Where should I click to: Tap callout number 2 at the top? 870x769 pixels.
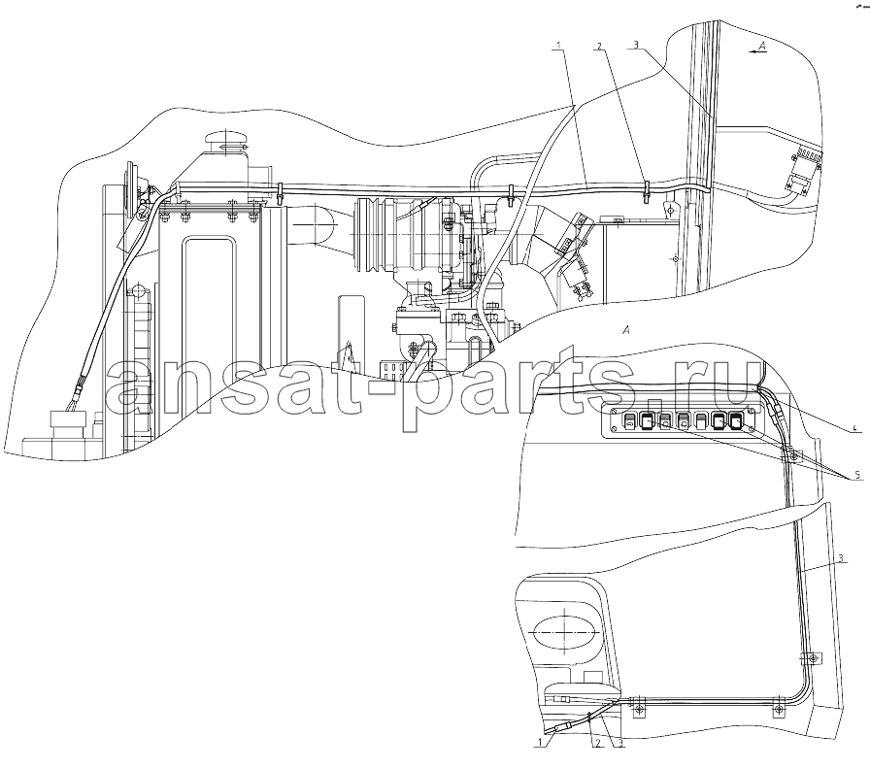coord(599,45)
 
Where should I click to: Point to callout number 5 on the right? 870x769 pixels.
coord(857,475)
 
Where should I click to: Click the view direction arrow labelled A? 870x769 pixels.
coord(757,50)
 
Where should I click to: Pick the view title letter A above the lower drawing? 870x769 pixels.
coord(626,331)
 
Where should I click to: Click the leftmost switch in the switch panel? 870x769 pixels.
coord(628,421)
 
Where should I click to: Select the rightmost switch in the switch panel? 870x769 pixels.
coord(736,422)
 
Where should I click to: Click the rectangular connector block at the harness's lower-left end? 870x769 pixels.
coord(67,421)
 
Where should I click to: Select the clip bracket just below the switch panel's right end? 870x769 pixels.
coord(792,456)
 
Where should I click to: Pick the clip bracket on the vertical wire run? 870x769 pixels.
coord(811,658)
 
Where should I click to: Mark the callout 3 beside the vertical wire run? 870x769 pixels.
coord(842,558)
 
